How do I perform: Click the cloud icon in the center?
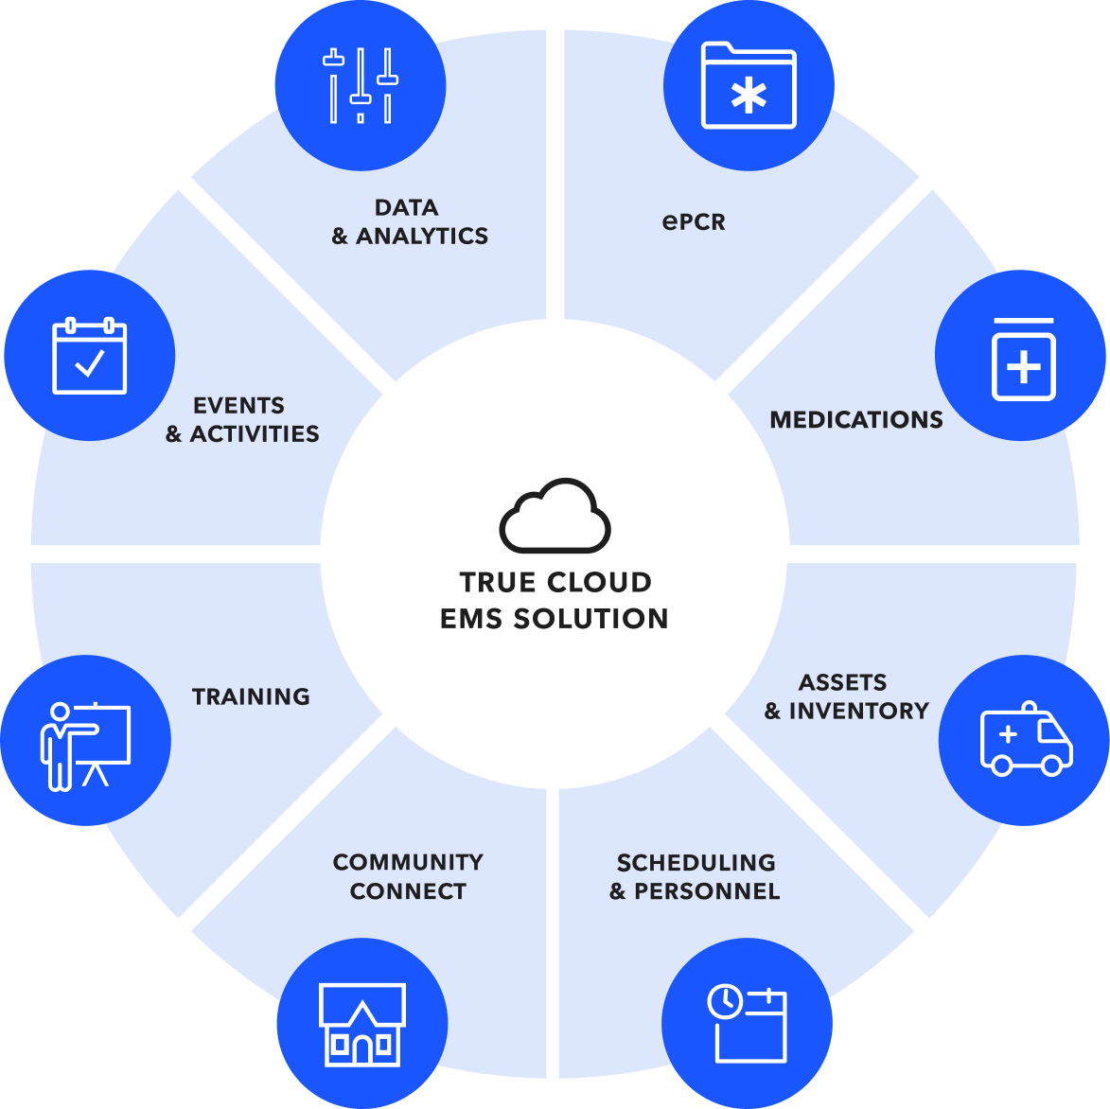pos(555,515)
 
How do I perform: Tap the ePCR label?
pos(694,222)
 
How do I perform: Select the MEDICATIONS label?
pos(856,420)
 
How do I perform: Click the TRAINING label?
pos(252,696)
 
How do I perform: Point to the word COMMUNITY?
pos(409,862)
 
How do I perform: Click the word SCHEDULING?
pos(696,863)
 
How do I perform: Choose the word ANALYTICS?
pos(422,236)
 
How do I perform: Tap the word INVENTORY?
pos(859,711)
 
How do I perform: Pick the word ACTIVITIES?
pos(255,433)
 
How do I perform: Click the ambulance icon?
pos(1027,739)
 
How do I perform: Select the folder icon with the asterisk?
pos(749,85)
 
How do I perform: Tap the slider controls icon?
pos(361,85)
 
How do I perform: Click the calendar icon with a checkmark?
pos(89,355)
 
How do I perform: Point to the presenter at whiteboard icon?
pos(86,746)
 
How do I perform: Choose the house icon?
pos(362,1024)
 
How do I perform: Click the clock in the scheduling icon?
pos(725,1001)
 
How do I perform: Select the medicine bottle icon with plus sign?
pos(1024,360)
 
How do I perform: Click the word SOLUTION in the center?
pos(591,619)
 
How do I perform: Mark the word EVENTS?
pos(239,406)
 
